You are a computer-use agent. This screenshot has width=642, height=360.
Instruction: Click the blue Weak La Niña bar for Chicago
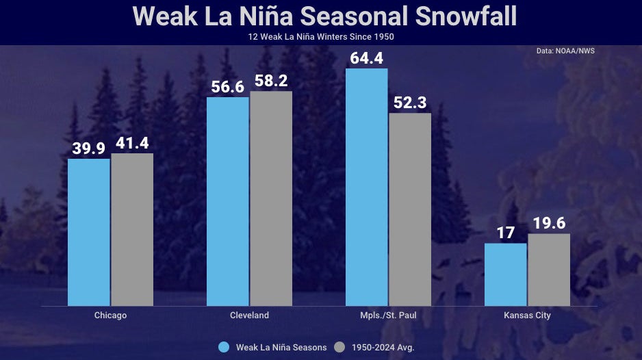tap(89, 232)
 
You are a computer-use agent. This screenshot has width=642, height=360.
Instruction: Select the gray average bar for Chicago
tap(132, 229)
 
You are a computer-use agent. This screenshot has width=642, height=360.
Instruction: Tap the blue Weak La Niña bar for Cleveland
tap(227, 201)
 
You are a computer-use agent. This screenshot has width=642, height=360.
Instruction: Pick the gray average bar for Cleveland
tap(271, 198)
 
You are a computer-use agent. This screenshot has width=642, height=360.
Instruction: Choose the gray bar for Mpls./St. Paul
tap(410, 209)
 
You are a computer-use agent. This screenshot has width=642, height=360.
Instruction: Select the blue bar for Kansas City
tap(505, 274)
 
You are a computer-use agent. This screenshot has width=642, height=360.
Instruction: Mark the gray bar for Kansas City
tap(549, 270)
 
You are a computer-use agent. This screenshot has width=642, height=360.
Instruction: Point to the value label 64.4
tap(366, 58)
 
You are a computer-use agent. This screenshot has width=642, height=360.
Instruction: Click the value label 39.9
tap(89, 149)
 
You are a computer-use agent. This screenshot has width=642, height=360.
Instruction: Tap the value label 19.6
tap(549, 224)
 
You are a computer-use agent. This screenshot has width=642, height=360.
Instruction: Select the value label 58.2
tap(271, 81)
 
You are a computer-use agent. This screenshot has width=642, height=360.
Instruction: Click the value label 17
tap(505, 233)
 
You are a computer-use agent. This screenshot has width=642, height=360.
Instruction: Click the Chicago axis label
tap(110, 316)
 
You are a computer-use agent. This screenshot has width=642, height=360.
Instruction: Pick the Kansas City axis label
tap(527, 316)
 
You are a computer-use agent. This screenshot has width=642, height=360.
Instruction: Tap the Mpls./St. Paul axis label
tap(388, 316)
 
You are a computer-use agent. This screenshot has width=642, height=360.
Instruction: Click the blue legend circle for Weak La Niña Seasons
tap(224, 347)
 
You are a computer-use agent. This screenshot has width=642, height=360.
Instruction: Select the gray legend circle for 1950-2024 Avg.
tap(339, 347)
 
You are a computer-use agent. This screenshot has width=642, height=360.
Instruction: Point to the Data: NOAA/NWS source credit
tap(565, 51)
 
